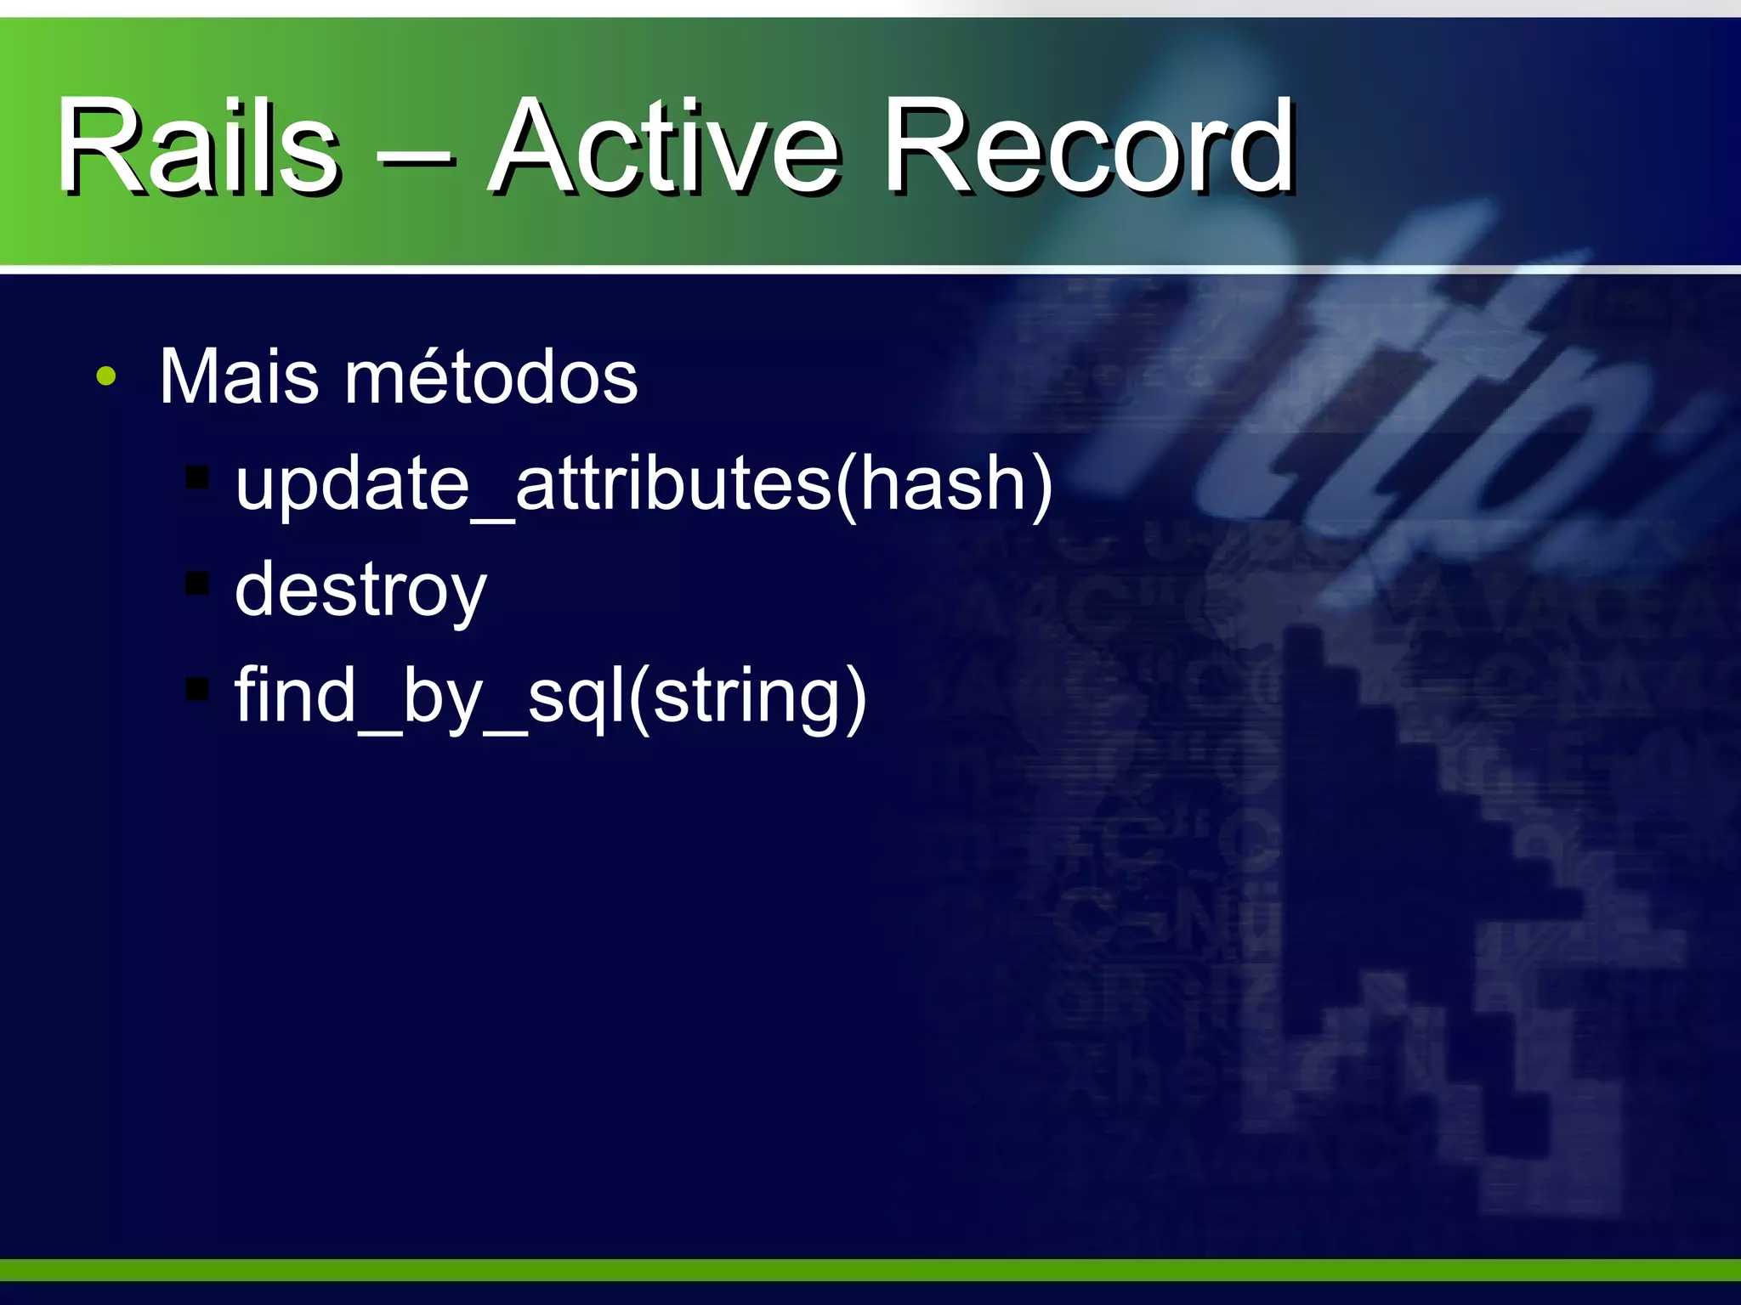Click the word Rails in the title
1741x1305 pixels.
click(198, 146)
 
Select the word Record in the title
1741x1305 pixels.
click(1088, 146)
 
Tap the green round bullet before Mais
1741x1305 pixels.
click(105, 376)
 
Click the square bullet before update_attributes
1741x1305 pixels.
click(196, 478)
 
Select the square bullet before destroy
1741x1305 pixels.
click(196, 584)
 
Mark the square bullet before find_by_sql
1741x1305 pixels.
click(196, 689)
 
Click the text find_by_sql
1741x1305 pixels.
click(428, 697)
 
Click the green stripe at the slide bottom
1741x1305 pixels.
click(870, 1270)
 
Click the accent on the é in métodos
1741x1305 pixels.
click(419, 348)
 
